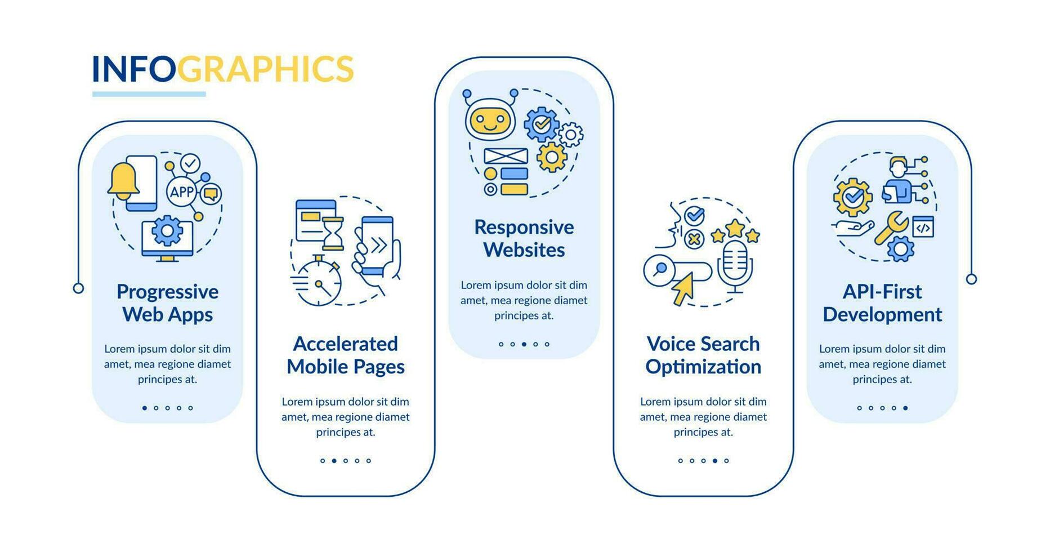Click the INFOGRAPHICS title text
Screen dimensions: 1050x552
click(x=222, y=69)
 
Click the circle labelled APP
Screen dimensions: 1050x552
click(x=182, y=192)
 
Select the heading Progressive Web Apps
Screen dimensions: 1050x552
click(x=167, y=303)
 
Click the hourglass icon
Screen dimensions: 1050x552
click(x=333, y=234)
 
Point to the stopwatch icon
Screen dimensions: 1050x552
click(x=318, y=282)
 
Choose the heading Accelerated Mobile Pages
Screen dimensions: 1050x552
click(x=345, y=355)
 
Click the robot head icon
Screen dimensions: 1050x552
click(x=490, y=118)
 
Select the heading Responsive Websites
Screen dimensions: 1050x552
click(x=524, y=239)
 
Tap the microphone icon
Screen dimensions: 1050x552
click(x=735, y=265)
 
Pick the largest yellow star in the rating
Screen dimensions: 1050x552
click(x=735, y=228)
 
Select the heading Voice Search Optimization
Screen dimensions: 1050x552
click(x=703, y=355)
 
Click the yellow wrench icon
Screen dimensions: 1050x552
click(x=891, y=227)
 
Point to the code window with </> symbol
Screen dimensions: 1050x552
click(x=923, y=227)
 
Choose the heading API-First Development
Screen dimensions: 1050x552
click(x=882, y=303)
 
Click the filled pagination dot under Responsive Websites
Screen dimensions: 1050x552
click(x=524, y=344)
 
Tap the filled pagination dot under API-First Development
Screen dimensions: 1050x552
click(x=905, y=408)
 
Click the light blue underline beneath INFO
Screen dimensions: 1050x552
click(x=149, y=94)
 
